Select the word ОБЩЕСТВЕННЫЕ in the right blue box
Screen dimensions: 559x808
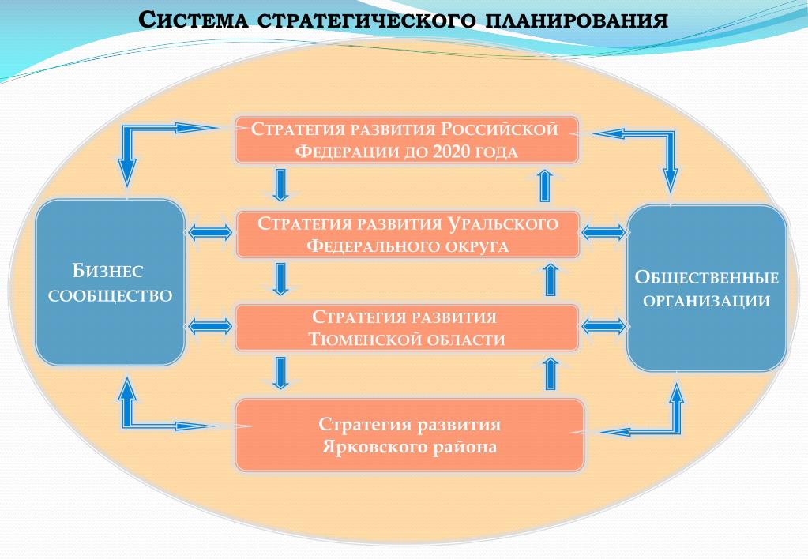tap(707, 277)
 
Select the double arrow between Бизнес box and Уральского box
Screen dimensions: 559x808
tap(210, 233)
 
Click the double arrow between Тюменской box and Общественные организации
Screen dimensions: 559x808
tap(604, 325)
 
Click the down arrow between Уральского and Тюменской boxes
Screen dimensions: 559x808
tap(280, 279)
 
